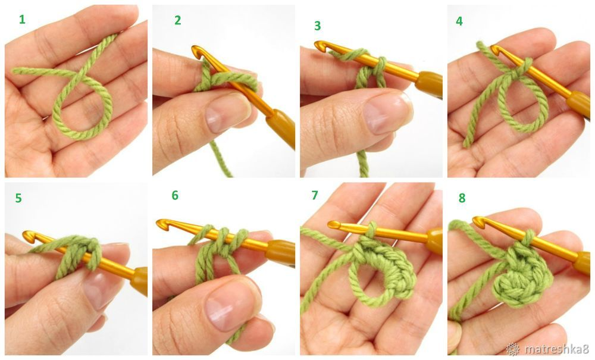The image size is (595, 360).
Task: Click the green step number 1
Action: tap(22, 20)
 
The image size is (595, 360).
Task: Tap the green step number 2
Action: tap(177, 20)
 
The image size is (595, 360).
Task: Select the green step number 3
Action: tap(317, 26)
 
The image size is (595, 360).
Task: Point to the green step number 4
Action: tap(459, 21)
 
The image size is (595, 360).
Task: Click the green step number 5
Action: tap(18, 198)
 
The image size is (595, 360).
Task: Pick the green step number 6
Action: tap(175, 195)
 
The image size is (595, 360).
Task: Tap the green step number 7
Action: tap(315, 195)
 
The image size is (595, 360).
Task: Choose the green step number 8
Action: tap(462, 198)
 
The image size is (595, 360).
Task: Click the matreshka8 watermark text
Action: tap(556, 349)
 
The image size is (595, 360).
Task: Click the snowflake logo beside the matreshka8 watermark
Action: tap(513, 349)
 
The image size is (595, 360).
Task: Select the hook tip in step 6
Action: tap(161, 223)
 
